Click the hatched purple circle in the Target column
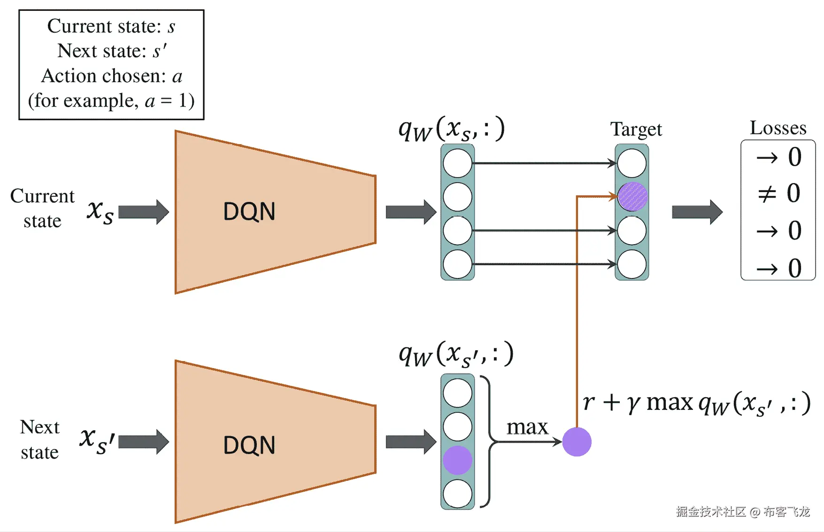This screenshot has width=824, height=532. pos(632,196)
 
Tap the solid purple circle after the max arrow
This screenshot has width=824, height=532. pos(577,441)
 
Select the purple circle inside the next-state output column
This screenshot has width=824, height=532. pos(457,460)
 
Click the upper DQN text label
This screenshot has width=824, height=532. pos(249,211)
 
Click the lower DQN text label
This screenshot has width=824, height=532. pos(249,445)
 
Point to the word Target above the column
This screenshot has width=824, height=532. pos(636,129)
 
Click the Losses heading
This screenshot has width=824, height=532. pos(778,128)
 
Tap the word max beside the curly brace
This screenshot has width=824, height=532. pos(527,427)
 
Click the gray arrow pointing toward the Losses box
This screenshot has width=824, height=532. pos(697,212)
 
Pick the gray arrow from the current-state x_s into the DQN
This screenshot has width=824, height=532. pos(143,212)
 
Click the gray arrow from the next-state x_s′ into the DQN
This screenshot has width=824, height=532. pos(143,442)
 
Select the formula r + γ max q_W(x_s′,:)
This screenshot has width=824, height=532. pos(696,403)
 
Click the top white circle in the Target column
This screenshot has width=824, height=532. pos(632,163)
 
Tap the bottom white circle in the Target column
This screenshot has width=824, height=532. pos(632,264)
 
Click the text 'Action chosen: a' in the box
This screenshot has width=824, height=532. pos(112,76)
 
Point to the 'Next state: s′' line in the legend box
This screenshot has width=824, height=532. pos(112,51)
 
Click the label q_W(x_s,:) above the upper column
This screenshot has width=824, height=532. pos(451,129)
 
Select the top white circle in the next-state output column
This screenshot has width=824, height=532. pos(457,393)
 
